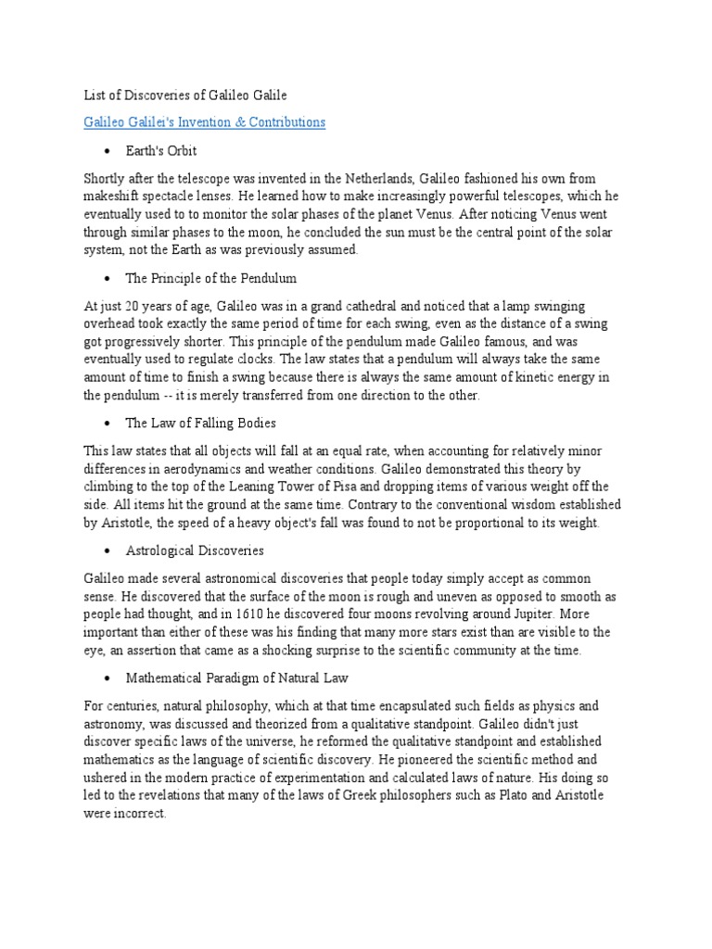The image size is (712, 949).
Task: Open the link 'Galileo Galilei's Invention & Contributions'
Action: point(204,122)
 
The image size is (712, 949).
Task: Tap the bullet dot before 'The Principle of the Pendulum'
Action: point(108,278)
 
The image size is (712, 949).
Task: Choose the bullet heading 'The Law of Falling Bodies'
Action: point(200,423)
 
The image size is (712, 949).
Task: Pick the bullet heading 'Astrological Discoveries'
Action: point(195,550)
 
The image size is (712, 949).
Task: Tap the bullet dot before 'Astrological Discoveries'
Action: point(108,550)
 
